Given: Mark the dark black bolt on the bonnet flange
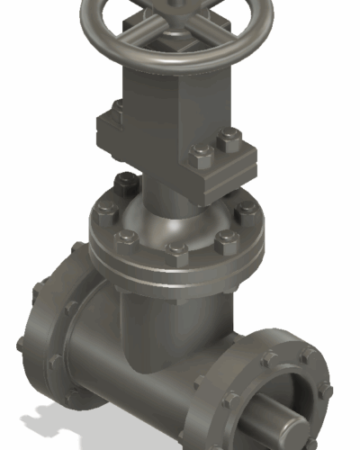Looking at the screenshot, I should [x=125, y=185].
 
